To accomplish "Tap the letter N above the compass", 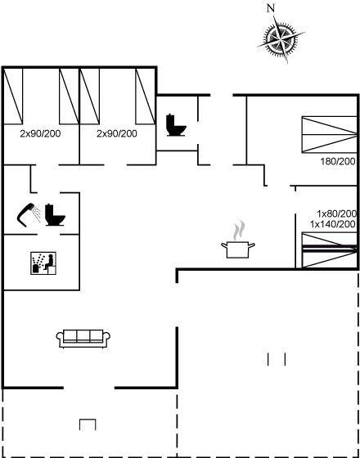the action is click(271, 9).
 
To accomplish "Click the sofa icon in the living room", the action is click(83, 339).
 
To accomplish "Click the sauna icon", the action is click(43, 263).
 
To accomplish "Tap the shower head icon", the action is click(29, 214).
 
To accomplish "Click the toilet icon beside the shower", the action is click(55, 215).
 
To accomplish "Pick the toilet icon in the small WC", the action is click(176, 125).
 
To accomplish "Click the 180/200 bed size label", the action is click(338, 161).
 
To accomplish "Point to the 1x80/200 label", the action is click(337, 213).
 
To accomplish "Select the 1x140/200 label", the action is click(333, 224).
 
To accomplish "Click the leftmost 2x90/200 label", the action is click(40, 134).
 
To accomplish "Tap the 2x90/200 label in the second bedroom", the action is click(117, 134).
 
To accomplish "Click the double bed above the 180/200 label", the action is click(329, 134).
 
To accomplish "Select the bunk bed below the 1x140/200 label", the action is click(329, 250).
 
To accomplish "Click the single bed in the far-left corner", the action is click(13, 97).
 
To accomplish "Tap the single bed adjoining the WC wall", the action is click(146, 97).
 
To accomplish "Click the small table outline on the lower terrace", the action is click(88, 424).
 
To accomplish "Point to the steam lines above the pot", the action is click(239, 230).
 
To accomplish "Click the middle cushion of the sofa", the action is click(83, 336).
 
